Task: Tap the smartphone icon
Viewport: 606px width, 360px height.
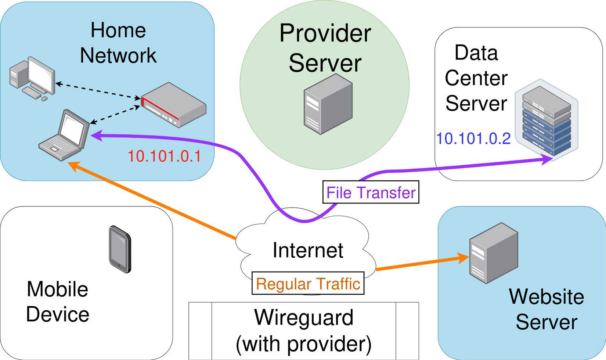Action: (120, 249)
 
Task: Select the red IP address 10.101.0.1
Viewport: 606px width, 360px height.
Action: (164, 156)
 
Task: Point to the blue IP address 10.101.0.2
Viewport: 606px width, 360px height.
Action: (473, 139)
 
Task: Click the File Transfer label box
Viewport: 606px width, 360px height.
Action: (371, 192)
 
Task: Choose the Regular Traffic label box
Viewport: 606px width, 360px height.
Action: (308, 284)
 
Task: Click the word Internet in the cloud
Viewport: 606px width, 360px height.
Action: (308, 251)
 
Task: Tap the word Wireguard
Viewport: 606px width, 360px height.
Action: (304, 317)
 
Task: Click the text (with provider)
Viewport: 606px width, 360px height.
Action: (304, 344)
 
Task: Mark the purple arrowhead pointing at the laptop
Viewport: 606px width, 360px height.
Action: (96, 136)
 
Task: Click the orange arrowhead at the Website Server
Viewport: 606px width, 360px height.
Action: (463, 258)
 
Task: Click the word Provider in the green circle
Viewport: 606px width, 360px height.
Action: (325, 33)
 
